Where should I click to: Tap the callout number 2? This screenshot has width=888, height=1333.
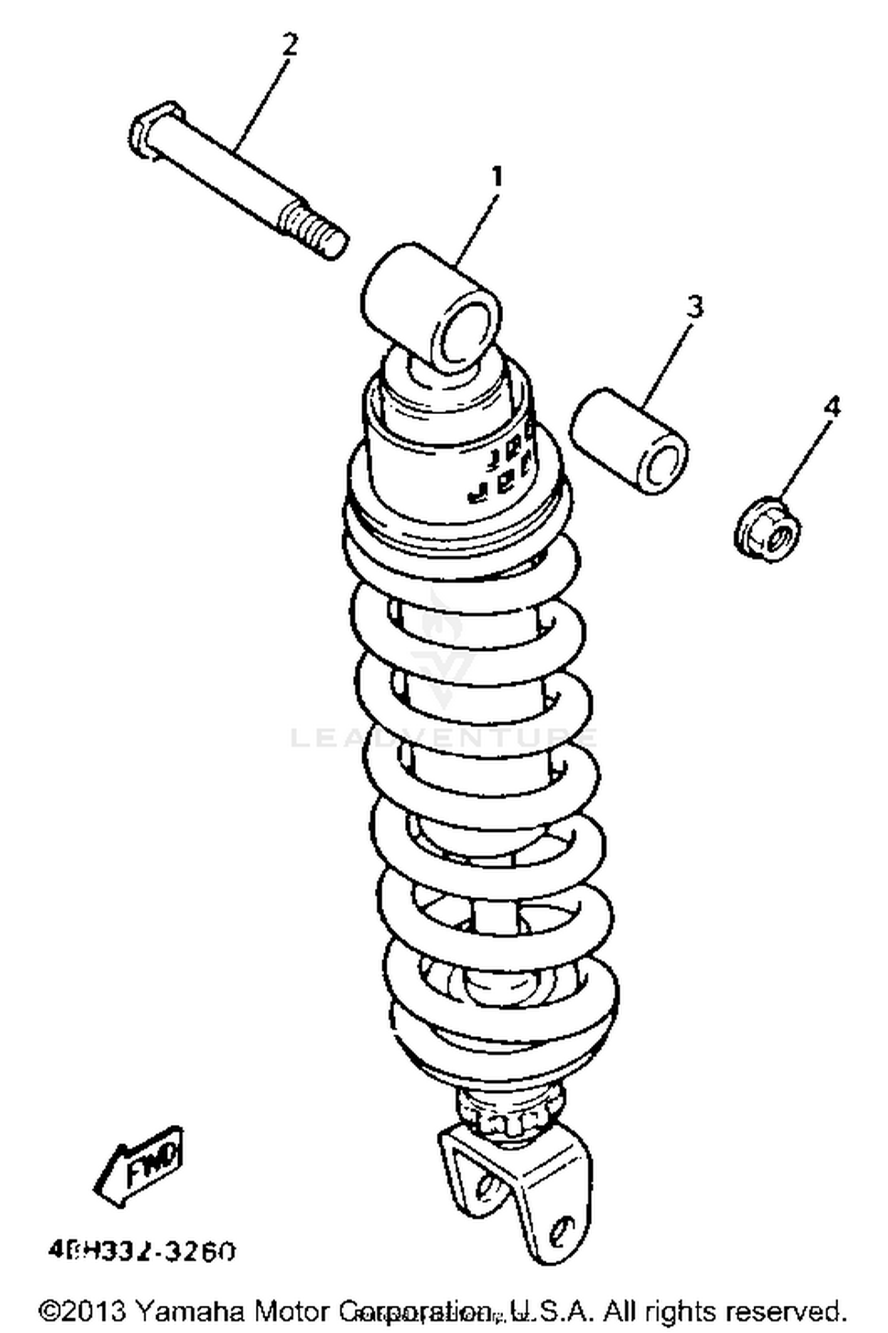click(289, 44)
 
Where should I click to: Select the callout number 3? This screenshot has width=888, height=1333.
click(695, 307)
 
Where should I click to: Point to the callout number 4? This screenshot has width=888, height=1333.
click(832, 407)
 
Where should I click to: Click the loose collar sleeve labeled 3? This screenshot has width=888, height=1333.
click(629, 441)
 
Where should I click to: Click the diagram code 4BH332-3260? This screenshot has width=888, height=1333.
click(142, 1250)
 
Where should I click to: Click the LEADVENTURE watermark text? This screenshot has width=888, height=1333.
click(444, 738)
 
